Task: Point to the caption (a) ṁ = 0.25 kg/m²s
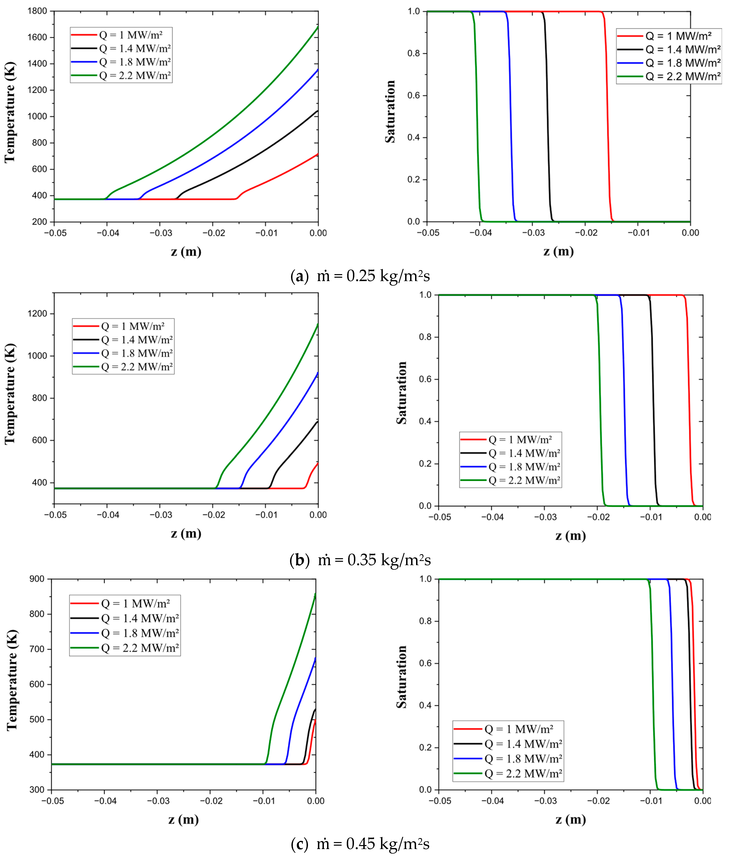pyautogui.click(x=360, y=276)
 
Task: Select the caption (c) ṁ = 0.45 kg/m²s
pyautogui.click(x=360, y=843)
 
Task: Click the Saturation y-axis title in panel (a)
pyautogui.click(x=390, y=112)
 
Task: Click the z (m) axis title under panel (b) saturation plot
pyautogui.click(x=570, y=536)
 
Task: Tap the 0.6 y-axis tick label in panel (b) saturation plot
pyautogui.click(x=426, y=379)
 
